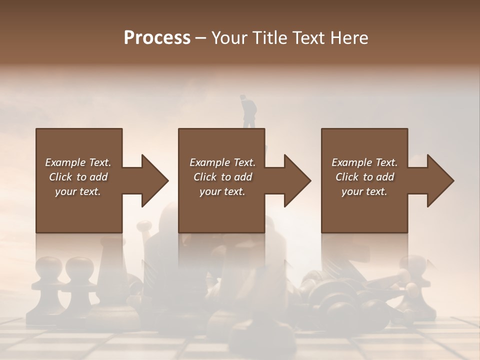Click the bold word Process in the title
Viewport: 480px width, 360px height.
tap(157, 38)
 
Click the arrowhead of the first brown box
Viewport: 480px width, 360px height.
tap(155, 180)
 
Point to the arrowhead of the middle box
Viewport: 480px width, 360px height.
tap(297, 180)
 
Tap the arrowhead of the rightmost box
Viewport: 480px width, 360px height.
tap(440, 180)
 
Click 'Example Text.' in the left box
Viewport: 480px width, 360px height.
tap(78, 162)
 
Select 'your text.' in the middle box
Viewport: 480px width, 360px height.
tap(222, 191)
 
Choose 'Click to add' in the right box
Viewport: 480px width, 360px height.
tap(365, 177)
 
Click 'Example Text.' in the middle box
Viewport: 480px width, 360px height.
tap(222, 162)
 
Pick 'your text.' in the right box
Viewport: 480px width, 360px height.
tap(364, 191)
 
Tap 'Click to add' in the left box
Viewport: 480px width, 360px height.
tap(78, 177)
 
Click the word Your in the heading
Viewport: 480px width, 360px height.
tap(228, 38)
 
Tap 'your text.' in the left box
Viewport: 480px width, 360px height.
tap(78, 191)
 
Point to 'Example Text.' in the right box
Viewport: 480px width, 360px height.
tap(364, 162)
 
